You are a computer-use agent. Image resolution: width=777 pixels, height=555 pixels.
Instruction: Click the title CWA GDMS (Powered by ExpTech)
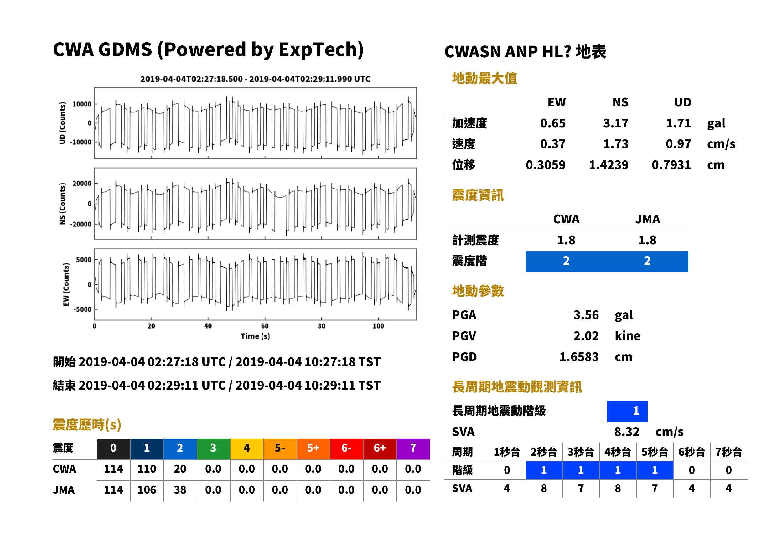click(208, 49)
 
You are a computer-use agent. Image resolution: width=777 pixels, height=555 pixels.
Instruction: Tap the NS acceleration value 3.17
click(615, 123)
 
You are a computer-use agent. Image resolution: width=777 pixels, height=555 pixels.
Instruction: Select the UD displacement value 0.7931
click(671, 165)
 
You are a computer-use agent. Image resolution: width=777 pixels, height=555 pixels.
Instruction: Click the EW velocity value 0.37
click(552, 144)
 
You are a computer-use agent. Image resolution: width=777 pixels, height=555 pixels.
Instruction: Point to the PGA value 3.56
click(586, 315)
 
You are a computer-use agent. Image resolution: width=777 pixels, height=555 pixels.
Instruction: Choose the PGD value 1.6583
click(579, 357)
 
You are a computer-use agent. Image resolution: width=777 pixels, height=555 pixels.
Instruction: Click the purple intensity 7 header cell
click(413, 448)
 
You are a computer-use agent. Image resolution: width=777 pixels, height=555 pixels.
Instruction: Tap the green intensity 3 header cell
click(213, 448)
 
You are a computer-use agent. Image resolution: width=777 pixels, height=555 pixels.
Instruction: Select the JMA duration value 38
click(180, 490)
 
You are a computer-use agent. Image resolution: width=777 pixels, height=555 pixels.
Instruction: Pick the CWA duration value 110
click(147, 469)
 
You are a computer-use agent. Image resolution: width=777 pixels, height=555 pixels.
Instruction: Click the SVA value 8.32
click(627, 432)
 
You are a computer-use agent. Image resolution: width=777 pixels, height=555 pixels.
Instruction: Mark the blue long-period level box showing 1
click(627, 411)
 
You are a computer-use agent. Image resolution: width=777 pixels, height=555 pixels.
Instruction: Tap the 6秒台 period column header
click(692, 452)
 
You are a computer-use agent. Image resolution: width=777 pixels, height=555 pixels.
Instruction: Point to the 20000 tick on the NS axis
click(82, 184)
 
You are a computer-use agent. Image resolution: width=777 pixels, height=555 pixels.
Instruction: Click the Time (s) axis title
click(255, 336)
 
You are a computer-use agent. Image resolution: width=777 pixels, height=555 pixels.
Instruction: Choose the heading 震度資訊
click(478, 195)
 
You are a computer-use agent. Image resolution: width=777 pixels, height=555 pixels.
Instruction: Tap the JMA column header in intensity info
click(648, 219)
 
